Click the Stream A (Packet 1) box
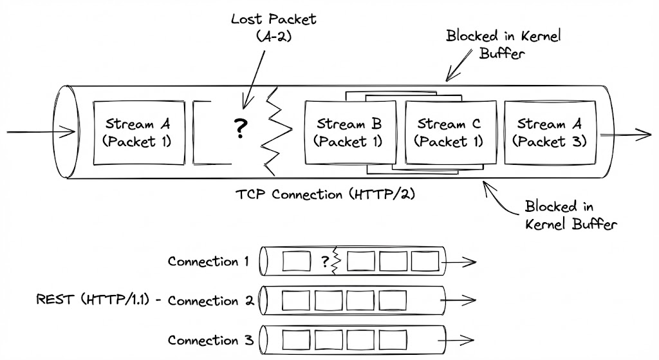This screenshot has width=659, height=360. click(138, 132)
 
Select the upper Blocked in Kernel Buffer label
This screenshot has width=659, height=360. click(503, 44)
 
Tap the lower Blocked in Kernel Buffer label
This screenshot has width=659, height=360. click(571, 215)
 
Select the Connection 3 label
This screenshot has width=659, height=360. click(211, 340)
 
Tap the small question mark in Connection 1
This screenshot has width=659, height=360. click(324, 261)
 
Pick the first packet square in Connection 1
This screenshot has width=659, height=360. click(295, 261)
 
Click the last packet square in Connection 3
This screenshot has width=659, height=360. click(392, 339)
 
